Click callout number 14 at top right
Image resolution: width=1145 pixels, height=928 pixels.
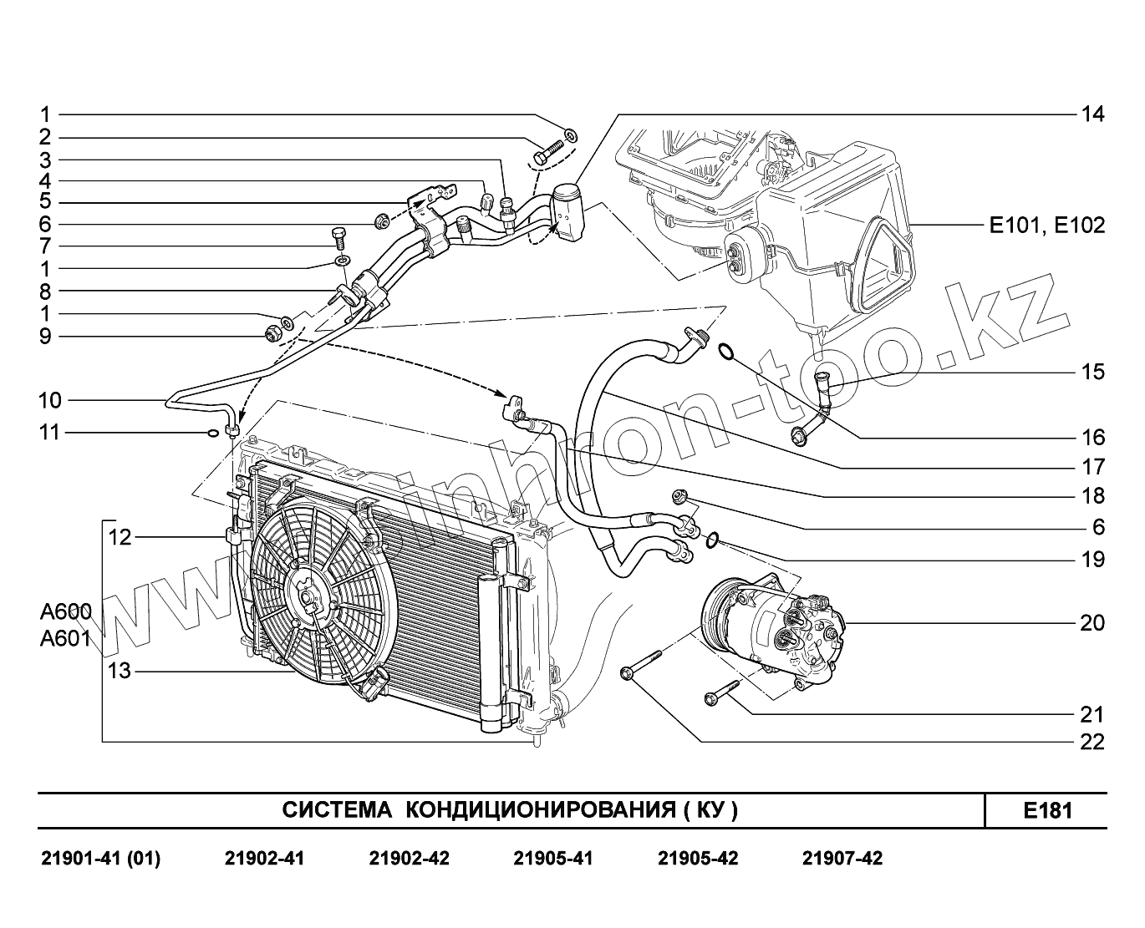click(x=1092, y=114)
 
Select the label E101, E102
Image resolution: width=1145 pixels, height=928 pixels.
click(x=1046, y=226)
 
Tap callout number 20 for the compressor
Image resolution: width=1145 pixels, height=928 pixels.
click(x=1092, y=623)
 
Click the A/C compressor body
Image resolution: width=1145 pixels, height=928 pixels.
click(x=773, y=631)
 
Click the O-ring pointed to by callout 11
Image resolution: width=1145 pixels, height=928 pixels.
click(x=213, y=433)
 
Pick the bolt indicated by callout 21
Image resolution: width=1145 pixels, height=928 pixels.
click(x=724, y=690)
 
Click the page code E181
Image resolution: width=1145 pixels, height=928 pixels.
click(x=1047, y=811)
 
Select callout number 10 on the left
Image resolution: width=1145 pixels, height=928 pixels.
click(x=50, y=400)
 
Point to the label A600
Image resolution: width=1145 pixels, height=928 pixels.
click(x=64, y=612)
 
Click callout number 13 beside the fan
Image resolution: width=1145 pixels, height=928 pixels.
click(x=120, y=670)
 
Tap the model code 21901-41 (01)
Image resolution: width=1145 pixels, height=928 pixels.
click(x=100, y=859)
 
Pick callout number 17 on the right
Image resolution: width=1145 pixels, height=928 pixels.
click(x=1092, y=467)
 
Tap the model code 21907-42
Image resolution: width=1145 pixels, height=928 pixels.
click(x=842, y=859)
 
